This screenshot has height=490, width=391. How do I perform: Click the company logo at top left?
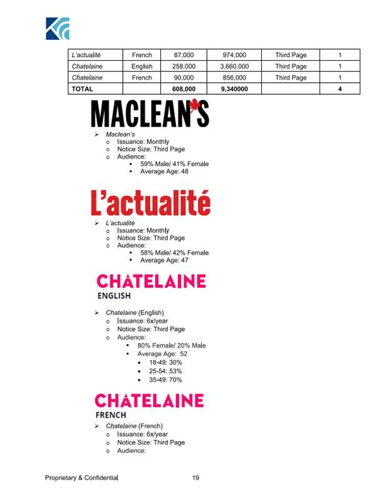tap(57, 28)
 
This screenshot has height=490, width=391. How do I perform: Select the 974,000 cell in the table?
tap(233, 55)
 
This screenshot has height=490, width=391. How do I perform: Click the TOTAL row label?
tap(83, 89)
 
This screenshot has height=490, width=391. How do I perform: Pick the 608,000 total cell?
tap(184, 89)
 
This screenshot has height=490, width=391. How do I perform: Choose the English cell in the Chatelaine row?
tap(142, 67)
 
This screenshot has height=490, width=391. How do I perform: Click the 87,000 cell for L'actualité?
tap(184, 55)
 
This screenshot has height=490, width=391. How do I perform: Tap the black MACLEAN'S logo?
tap(150, 114)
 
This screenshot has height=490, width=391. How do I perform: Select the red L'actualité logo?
tap(150, 203)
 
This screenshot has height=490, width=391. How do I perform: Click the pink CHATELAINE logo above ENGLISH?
tap(150, 280)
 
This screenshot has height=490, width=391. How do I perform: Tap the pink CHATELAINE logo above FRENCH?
tap(149, 400)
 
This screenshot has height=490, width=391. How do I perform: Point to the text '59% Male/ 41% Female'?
tap(174, 164)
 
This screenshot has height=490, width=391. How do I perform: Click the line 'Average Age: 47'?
tap(164, 260)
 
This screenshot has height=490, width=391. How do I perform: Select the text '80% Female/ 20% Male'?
tap(172, 346)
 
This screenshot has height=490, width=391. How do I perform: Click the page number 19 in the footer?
tap(195, 478)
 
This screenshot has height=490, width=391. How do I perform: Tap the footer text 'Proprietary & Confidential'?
tap(81, 478)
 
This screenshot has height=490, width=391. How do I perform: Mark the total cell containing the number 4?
tap(340, 89)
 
